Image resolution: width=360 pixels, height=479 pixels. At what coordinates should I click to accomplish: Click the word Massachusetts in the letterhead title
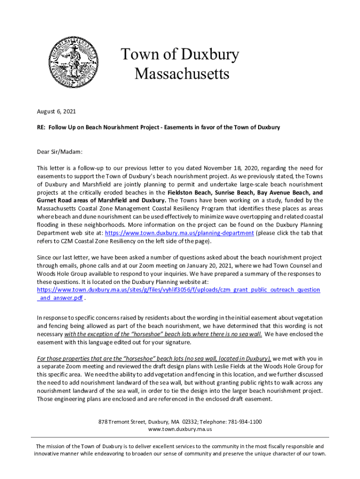pyautogui.click(x=182, y=74)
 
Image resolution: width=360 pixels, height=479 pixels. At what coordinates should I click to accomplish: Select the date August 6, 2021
pyautogui.click(x=56, y=112)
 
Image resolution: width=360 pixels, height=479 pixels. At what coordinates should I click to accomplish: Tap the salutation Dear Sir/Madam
pyautogui.click(x=60, y=152)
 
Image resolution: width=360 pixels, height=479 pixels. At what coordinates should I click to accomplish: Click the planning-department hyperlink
pyautogui.click(x=180, y=233)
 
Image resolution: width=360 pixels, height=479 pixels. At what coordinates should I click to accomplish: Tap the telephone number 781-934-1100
pyautogui.click(x=246, y=421)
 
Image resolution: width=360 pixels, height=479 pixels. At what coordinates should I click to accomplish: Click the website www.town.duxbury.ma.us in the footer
pyautogui.click(x=180, y=429)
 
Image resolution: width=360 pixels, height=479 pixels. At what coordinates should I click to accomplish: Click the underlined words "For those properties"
pyautogui.click(x=61, y=359)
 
